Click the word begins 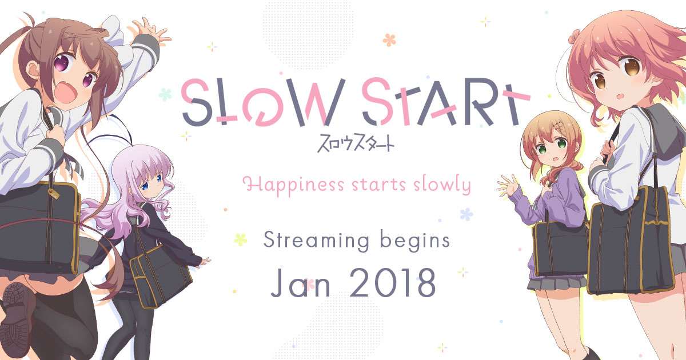pos(416,241)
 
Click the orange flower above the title pos(389,39)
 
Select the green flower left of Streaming pos(241,239)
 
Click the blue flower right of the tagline pos(466,214)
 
